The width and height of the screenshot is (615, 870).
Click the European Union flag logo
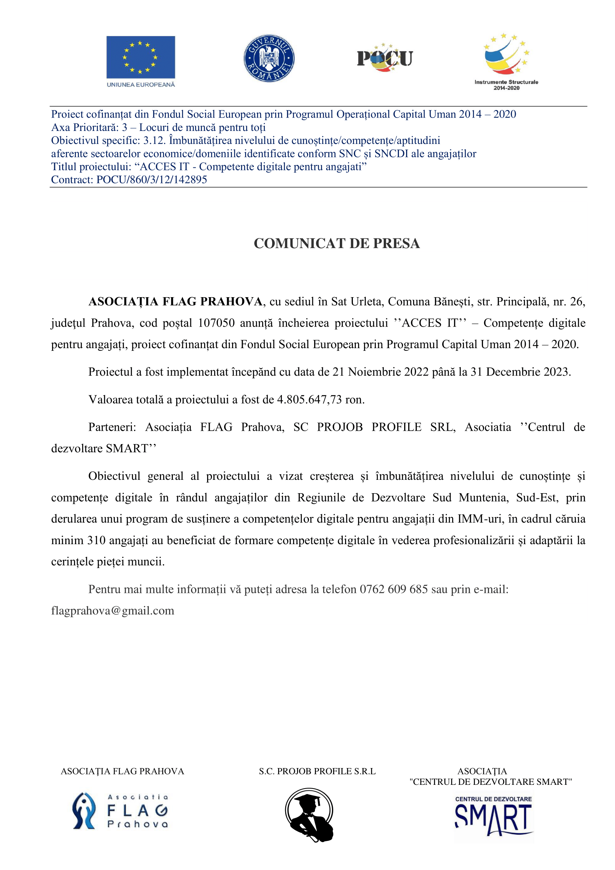coord(141,57)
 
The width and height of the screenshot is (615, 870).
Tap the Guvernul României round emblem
coord(268,58)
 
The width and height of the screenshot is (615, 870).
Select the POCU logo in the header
coord(385,58)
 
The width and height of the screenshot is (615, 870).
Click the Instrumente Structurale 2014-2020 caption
coord(506,84)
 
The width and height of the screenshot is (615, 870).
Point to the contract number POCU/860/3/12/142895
coord(151,180)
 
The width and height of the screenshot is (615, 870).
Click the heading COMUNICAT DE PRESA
coord(337,243)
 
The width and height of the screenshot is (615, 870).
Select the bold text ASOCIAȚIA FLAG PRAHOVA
coord(176,302)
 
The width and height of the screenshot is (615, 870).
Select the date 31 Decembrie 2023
coord(520,372)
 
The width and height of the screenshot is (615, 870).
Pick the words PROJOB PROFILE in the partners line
coord(369,427)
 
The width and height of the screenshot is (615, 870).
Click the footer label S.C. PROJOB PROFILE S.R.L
coord(317,771)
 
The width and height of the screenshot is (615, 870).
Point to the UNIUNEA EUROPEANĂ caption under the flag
coord(141,84)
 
